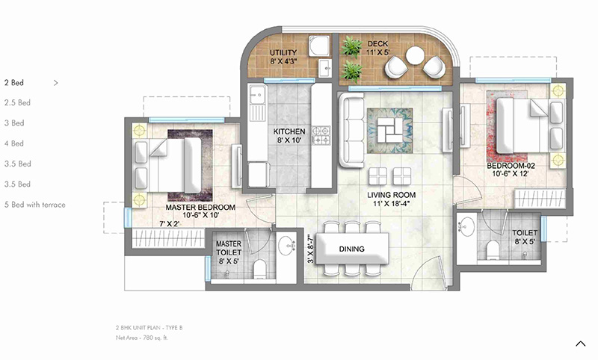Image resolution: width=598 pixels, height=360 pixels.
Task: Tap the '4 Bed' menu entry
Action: pyautogui.click(x=15, y=143)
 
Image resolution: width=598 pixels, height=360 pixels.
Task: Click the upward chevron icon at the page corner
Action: pyautogui.click(x=581, y=344)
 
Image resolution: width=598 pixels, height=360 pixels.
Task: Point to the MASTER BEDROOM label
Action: pyautogui.click(x=200, y=207)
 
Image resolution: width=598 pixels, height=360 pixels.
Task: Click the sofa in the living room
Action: pyautogui.click(x=349, y=130)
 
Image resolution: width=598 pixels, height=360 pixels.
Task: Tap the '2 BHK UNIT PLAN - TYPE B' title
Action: pyautogui.click(x=148, y=329)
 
